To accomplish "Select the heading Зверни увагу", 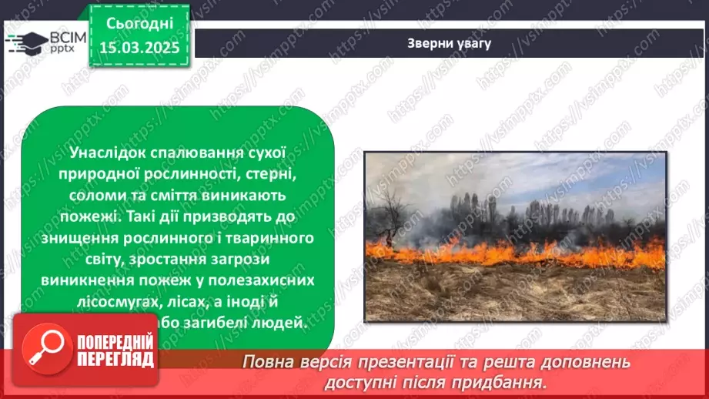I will click(x=450, y=43).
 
